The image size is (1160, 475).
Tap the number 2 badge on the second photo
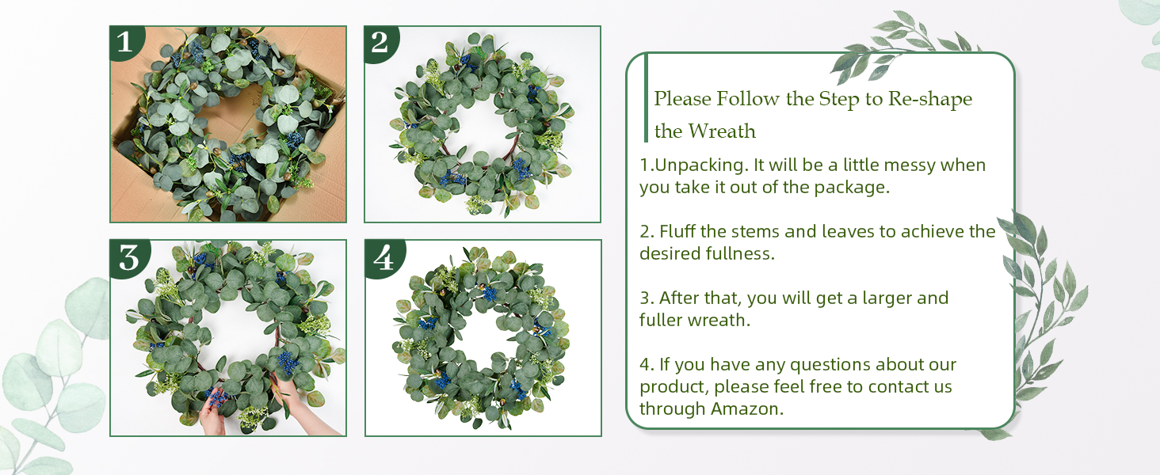(x=380, y=43)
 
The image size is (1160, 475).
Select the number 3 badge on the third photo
(x=129, y=257)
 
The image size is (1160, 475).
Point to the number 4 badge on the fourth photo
(x=384, y=257)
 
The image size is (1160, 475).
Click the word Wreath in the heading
(x=723, y=131)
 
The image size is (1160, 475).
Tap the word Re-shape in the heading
(x=930, y=99)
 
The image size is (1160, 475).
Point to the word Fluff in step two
(x=677, y=231)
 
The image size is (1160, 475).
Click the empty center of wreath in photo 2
(x=480, y=128)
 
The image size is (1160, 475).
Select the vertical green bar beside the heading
(x=646, y=98)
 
